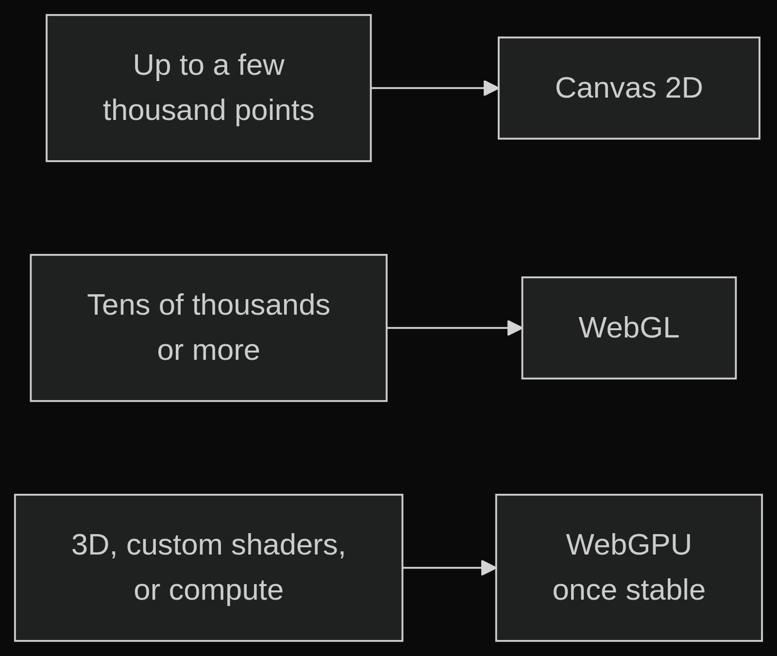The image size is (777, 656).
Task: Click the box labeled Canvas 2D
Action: click(629, 88)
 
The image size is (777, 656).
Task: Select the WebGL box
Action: click(629, 328)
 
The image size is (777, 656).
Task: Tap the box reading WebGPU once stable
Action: click(629, 568)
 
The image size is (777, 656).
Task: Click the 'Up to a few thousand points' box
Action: click(209, 88)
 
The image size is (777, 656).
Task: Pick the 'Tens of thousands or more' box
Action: click(209, 328)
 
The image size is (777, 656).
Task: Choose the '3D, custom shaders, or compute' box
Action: click(209, 568)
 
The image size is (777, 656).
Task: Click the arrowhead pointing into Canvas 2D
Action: click(491, 88)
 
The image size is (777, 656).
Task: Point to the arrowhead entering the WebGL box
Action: click(515, 328)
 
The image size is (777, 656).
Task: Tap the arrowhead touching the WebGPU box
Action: click(489, 568)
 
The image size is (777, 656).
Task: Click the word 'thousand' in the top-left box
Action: click(164, 110)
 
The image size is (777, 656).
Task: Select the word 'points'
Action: click(274, 111)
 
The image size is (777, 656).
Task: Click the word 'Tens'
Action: click(118, 305)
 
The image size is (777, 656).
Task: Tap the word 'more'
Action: click(226, 351)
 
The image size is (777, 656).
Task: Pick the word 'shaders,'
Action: click(288, 545)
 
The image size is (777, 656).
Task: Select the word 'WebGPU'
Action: click(629, 545)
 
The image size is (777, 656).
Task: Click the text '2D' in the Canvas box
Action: click(684, 88)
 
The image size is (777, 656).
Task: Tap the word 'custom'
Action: click(174, 545)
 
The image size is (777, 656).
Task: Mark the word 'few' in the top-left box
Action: click(261, 65)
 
